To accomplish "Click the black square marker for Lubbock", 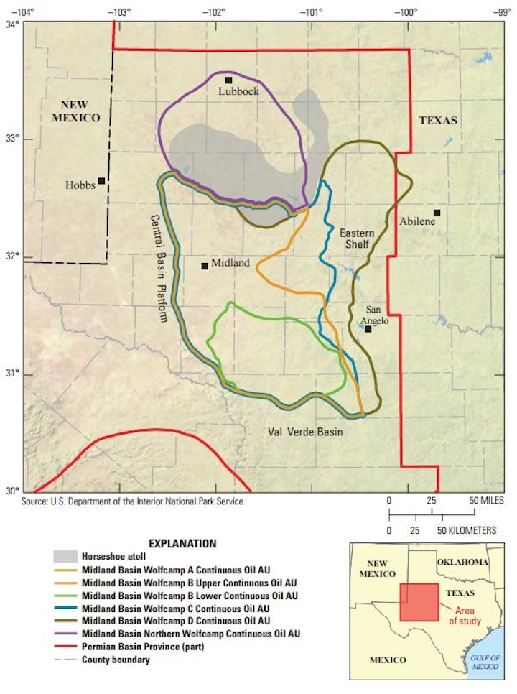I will click(228, 80).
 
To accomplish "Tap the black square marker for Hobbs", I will click(102, 181).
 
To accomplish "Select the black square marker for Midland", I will click(205, 266).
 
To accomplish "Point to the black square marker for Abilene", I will click(437, 213).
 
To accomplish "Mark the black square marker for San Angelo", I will click(368, 329).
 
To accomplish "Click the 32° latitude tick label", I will click(13, 257).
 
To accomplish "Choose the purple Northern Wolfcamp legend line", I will click(65, 634).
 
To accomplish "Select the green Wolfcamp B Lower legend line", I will click(65, 596).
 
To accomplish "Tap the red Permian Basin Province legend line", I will click(65, 647).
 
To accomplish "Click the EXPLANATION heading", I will click(182, 543).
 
